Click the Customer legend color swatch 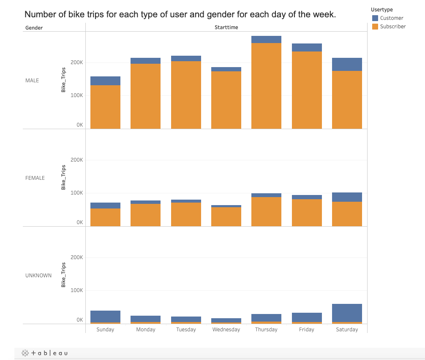(375, 18)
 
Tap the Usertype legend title (381, 10)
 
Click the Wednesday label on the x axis (226, 330)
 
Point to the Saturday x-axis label (347, 330)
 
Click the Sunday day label (105, 330)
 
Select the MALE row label (32, 81)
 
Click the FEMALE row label (35, 178)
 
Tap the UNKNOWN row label (38, 276)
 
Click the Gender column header (34, 28)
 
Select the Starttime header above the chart (226, 28)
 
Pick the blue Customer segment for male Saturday (347, 64)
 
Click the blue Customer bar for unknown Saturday (347, 313)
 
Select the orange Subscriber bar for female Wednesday (226, 217)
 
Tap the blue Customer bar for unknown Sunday (105, 316)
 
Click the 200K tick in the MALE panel (77, 62)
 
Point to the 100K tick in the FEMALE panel (77, 193)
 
